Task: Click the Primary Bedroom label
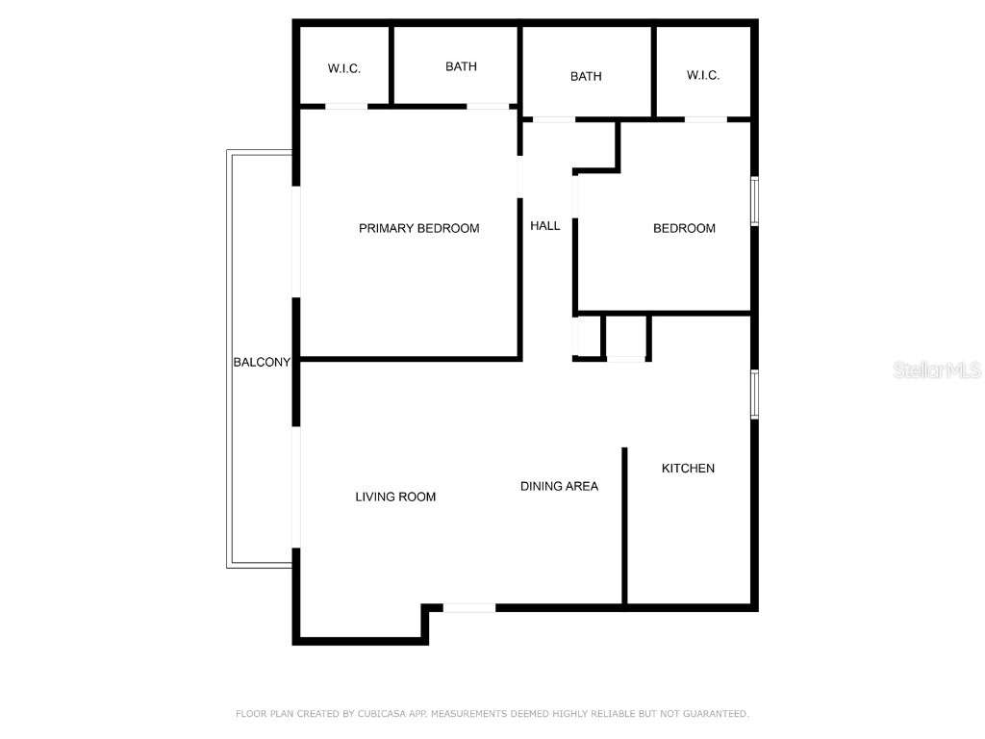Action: click(x=418, y=228)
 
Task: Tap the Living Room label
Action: click(x=395, y=497)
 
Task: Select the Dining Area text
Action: click(x=559, y=486)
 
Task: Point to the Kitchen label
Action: click(x=688, y=468)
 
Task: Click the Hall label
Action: click(x=544, y=225)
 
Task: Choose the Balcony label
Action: click(x=262, y=362)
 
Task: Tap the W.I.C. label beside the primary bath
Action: click(x=344, y=68)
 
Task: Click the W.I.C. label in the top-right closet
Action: click(x=703, y=75)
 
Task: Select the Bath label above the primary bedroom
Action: click(x=461, y=66)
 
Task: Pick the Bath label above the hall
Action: click(x=586, y=76)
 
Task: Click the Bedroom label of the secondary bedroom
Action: click(x=684, y=228)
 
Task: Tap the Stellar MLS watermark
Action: click(x=936, y=369)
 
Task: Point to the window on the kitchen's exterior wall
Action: click(x=755, y=395)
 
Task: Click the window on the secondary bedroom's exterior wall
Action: click(x=755, y=201)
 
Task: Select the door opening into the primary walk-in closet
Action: click(x=346, y=106)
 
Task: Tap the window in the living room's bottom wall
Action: click(x=469, y=607)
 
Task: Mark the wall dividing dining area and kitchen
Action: click(x=625, y=525)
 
